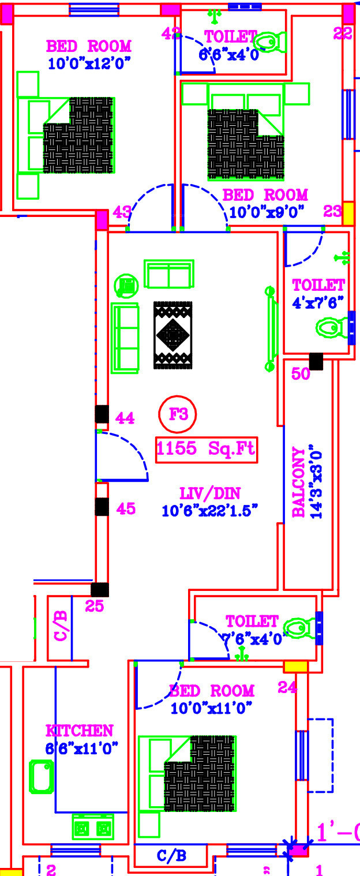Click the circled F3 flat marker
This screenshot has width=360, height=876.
(178, 414)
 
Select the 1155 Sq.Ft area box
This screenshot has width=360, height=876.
(207, 450)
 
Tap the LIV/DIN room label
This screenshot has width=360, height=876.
(210, 493)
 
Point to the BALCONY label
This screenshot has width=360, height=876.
(299, 482)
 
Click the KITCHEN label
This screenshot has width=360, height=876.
(80, 731)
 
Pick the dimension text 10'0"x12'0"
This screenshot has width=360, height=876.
(89, 63)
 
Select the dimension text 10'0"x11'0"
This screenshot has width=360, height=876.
(212, 707)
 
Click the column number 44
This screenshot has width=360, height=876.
(125, 418)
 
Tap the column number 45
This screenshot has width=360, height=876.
(126, 509)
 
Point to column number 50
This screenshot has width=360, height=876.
(301, 374)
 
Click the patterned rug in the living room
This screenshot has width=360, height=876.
(172, 335)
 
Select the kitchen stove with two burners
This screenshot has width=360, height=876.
(92, 826)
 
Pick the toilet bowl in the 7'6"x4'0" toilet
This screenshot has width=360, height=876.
(300, 628)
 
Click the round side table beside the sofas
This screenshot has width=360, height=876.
(126, 284)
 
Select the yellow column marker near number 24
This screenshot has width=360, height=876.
(295, 667)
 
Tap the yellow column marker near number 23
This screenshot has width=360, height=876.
(348, 213)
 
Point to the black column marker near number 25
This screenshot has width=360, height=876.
(100, 589)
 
